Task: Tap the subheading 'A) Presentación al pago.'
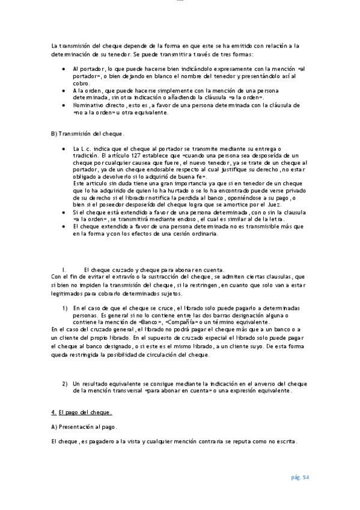tap(84, 427)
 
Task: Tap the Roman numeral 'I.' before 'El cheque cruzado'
tap(64, 269)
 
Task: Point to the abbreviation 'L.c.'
tap(89, 148)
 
